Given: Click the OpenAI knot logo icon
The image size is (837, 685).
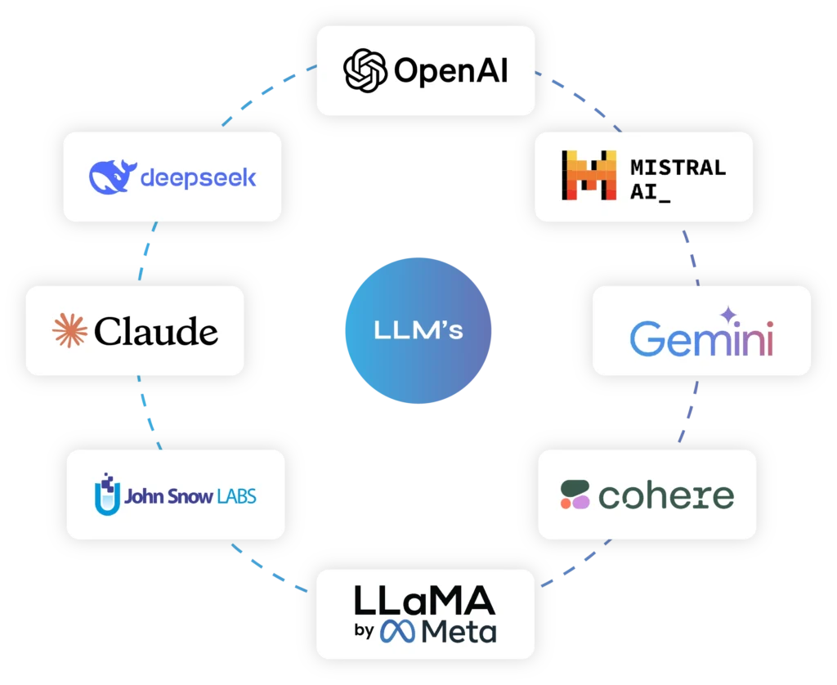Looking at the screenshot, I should tap(365, 70).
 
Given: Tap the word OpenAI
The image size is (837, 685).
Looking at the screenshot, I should tap(450, 71).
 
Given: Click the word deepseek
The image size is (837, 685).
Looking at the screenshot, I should tap(199, 177).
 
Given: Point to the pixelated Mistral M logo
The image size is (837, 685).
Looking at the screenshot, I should tap(589, 176).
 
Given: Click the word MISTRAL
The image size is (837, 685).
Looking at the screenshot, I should tap(678, 168).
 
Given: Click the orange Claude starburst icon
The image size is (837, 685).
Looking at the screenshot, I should tap(69, 330).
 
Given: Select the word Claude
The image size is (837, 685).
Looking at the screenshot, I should tap(156, 331).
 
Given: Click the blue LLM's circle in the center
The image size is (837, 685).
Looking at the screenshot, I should tap(418, 331).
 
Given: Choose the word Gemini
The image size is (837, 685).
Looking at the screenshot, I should tap(701, 338).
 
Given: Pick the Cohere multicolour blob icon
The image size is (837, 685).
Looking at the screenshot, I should tap(575, 495).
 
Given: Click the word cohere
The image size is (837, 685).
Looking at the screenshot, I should tap(665, 495).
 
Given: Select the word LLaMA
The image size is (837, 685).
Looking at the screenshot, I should tap(424, 602).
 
